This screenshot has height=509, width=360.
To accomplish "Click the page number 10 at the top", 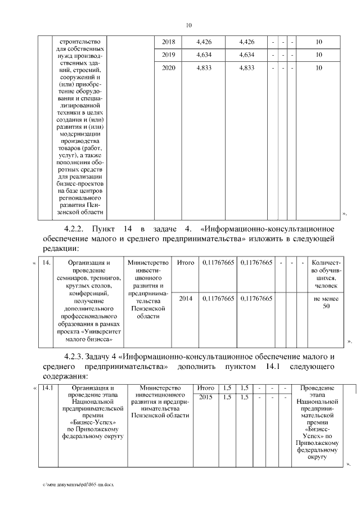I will click(x=189, y=25).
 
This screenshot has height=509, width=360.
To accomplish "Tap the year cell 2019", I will click(x=168, y=55).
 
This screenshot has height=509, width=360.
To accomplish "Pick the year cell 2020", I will click(x=168, y=68).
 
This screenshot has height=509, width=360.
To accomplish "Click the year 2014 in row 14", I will click(x=185, y=299).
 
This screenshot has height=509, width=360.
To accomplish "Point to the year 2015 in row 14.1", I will click(x=205, y=397).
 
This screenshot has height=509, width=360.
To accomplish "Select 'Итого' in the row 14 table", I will click(x=185, y=263).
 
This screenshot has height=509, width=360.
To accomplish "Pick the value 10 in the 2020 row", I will click(x=318, y=68).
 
